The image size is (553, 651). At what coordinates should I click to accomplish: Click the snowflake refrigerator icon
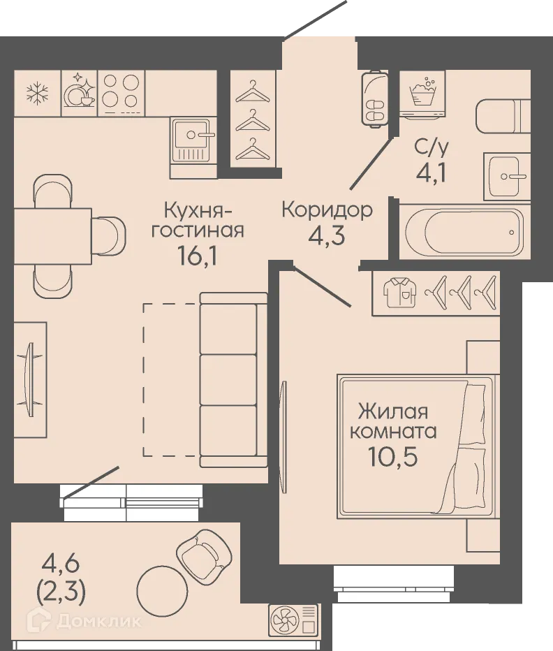click(38, 94)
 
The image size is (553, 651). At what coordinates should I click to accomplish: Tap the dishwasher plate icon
click(80, 90)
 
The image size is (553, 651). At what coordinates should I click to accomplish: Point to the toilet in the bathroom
click(503, 117)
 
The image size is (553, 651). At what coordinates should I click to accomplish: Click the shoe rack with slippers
click(375, 98)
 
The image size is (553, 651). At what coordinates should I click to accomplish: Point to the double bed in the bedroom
click(418, 446)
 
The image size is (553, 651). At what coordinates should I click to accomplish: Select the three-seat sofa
click(233, 380)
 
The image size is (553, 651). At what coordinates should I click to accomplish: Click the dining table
click(52, 236)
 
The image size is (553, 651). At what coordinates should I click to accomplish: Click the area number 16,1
click(196, 256)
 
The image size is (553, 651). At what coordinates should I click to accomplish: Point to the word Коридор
click(327, 210)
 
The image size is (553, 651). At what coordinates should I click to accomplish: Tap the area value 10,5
click(392, 457)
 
